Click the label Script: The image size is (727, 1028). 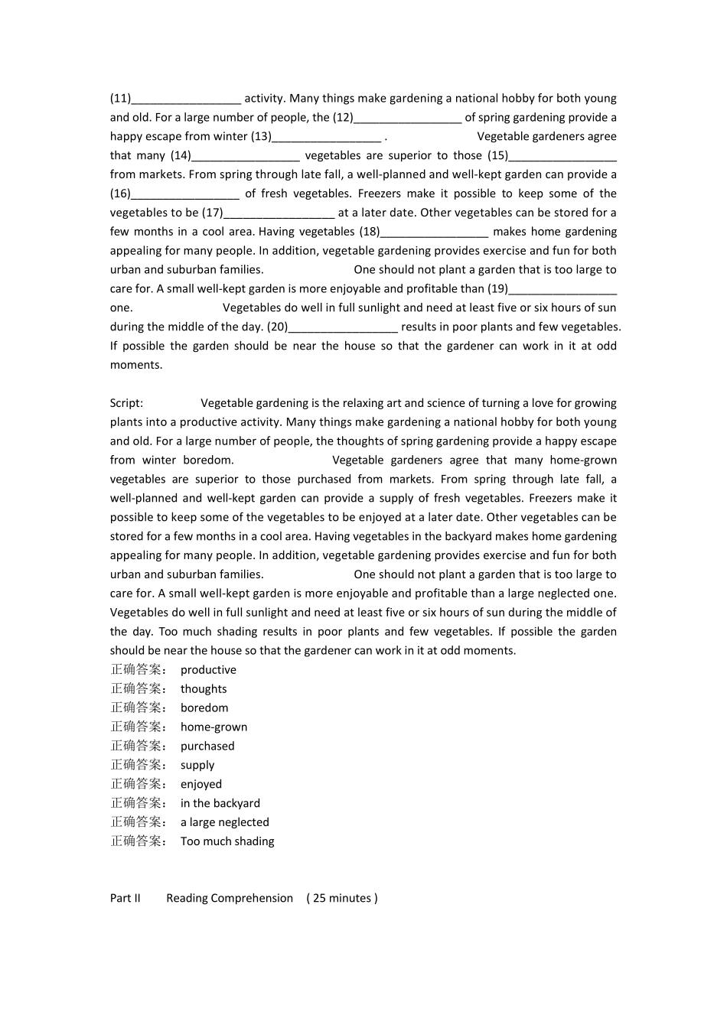pos(126,403)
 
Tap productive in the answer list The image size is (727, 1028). pos(208,670)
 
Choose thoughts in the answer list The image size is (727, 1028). pos(204,689)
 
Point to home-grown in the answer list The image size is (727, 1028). pos(214,727)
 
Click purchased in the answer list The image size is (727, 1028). pos(207,747)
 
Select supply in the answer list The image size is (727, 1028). pos(197,766)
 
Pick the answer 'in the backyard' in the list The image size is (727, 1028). pos(220,803)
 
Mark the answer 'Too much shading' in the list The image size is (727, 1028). pos(227,841)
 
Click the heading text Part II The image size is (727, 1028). pos(126,898)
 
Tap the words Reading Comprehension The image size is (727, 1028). pos(230,898)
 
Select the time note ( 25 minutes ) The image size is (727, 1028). pos(342,898)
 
